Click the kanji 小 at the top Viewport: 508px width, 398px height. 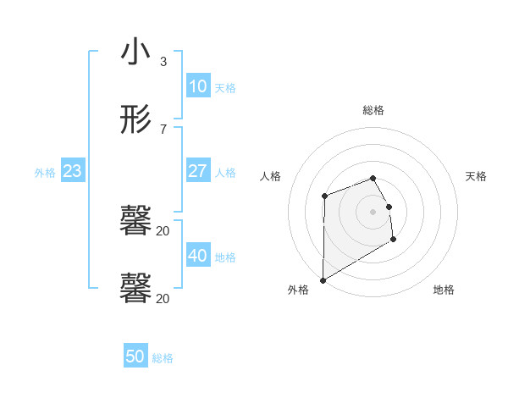point(135,53)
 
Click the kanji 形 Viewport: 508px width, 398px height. point(135,120)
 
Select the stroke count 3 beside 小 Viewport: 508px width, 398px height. point(163,62)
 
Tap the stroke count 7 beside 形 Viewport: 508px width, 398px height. point(163,129)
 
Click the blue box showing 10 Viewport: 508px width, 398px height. point(197,86)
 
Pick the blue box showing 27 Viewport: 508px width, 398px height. point(197,171)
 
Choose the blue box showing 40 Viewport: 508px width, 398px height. point(197,255)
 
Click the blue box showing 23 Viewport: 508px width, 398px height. point(72,171)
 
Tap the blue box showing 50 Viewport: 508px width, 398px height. point(135,357)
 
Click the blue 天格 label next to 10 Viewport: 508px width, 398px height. point(225,87)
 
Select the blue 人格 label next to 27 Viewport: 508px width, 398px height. point(225,172)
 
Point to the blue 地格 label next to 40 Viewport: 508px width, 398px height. point(225,257)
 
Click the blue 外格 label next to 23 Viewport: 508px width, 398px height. point(45,172)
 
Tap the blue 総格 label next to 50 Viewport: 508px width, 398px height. point(163,358)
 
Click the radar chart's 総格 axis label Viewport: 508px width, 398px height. point(373,110)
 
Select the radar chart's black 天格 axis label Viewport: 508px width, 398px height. point(476,176)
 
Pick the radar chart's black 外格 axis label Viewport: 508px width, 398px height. point(298,290)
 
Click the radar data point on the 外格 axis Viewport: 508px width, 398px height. point(323,280)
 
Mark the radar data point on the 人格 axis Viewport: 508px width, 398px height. point(324,196)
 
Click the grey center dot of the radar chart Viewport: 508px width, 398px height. point(373,212)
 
